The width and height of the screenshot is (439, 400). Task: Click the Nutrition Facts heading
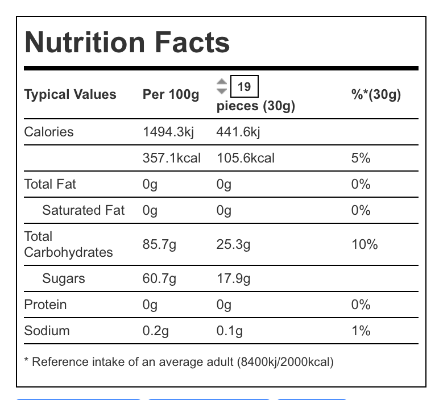click(127, 43)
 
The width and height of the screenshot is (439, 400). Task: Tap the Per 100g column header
click(171, 95)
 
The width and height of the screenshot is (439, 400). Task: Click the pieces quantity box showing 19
click(244, 87)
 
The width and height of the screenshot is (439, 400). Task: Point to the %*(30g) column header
click(376, 95)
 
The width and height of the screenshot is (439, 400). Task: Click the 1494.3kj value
click(168, 132)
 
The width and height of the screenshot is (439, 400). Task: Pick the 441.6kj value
click(238, 132)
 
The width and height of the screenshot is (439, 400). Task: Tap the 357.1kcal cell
click(171, 158)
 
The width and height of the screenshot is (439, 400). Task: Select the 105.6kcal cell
click(245, 158)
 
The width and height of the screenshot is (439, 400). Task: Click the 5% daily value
click(361, 158)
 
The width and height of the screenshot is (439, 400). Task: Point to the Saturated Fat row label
click(83, 210)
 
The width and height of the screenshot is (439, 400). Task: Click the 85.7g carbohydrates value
click(159, 244)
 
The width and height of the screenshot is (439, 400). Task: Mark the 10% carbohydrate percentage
click(364, 244)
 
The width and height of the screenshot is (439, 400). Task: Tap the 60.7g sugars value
click(159, 278)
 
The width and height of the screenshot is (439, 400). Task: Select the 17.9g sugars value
click(233, 278)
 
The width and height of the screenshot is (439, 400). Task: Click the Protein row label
click(45, 305)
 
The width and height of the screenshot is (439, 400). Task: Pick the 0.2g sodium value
click(155, 331)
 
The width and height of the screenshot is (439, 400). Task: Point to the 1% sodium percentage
click(361, 331)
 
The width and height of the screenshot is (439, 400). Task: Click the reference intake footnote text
click(179, 362)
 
